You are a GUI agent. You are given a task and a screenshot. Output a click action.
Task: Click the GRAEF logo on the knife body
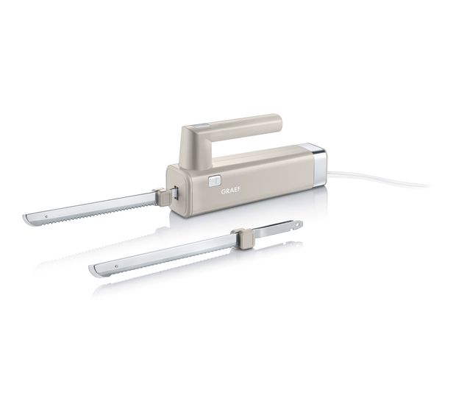[x=231, y=191]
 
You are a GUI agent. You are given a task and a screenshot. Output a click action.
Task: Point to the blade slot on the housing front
[x=175, y=193]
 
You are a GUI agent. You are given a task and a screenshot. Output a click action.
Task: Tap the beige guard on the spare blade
[x=245, y=235]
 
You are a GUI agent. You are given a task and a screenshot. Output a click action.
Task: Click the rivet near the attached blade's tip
[x=46, y=216]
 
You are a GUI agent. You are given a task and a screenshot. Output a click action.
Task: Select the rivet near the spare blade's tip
[x=116, y=266]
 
